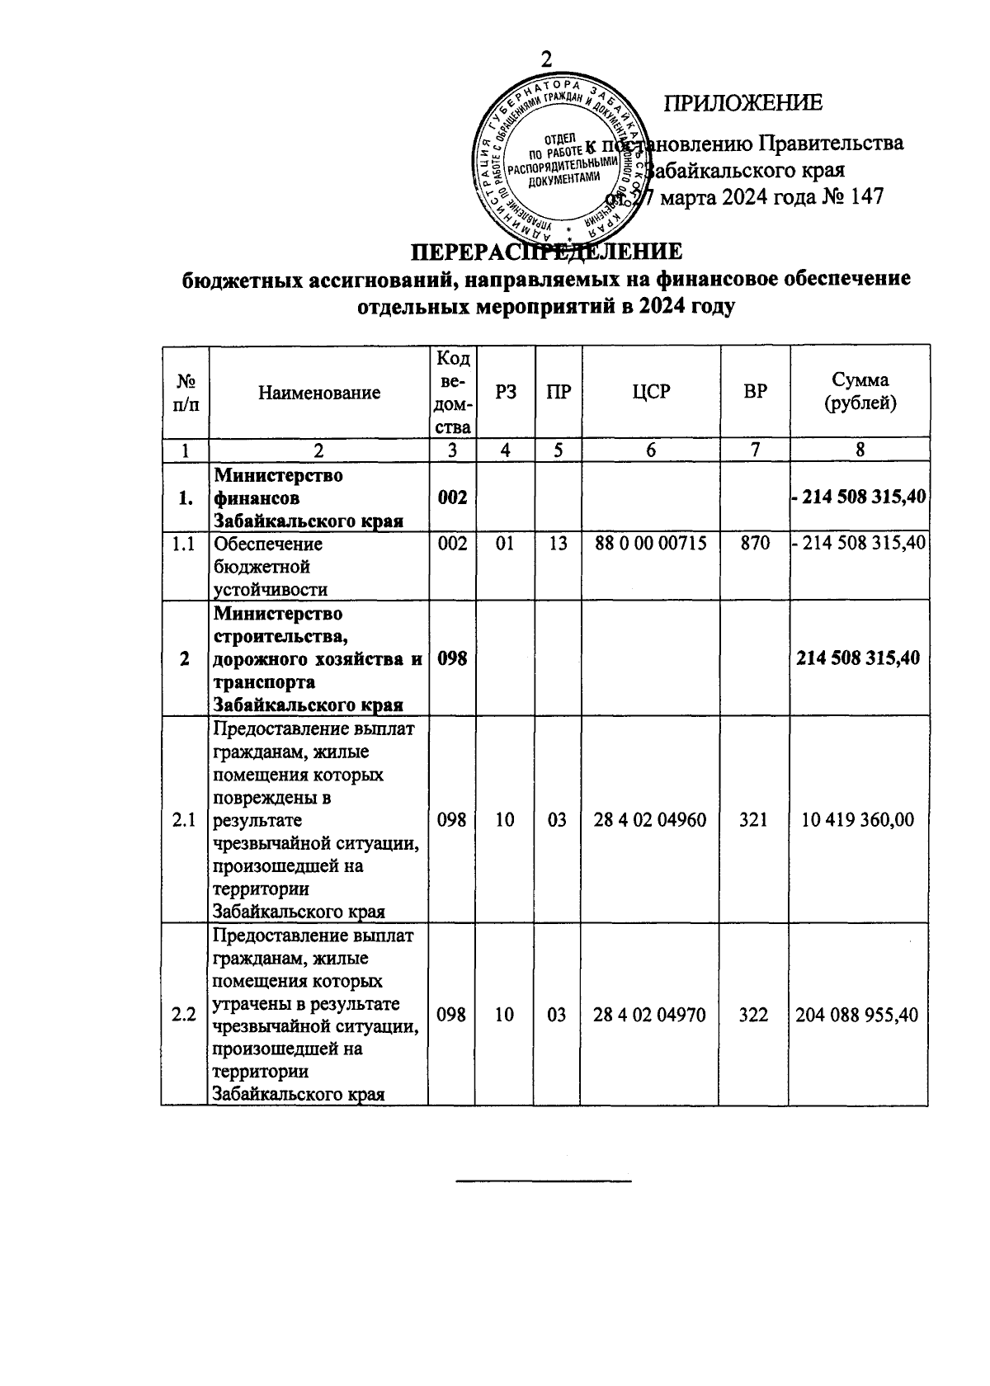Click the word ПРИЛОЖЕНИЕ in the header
point(743,103)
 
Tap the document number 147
point(863,197)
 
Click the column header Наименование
point(318,393)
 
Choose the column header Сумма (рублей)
point(860,392)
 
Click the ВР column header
point(755,392)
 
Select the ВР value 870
point(755,544)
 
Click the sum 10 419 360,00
point(858,820)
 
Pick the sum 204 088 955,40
point(857,1015)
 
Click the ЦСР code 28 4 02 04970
point(650,1015)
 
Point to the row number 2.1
point(184,820)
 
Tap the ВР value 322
point(754,1015)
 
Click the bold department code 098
point(452,658)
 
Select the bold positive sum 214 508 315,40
point(858,658)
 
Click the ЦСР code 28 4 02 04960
point(650,820)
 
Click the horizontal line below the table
point(544,1182)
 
